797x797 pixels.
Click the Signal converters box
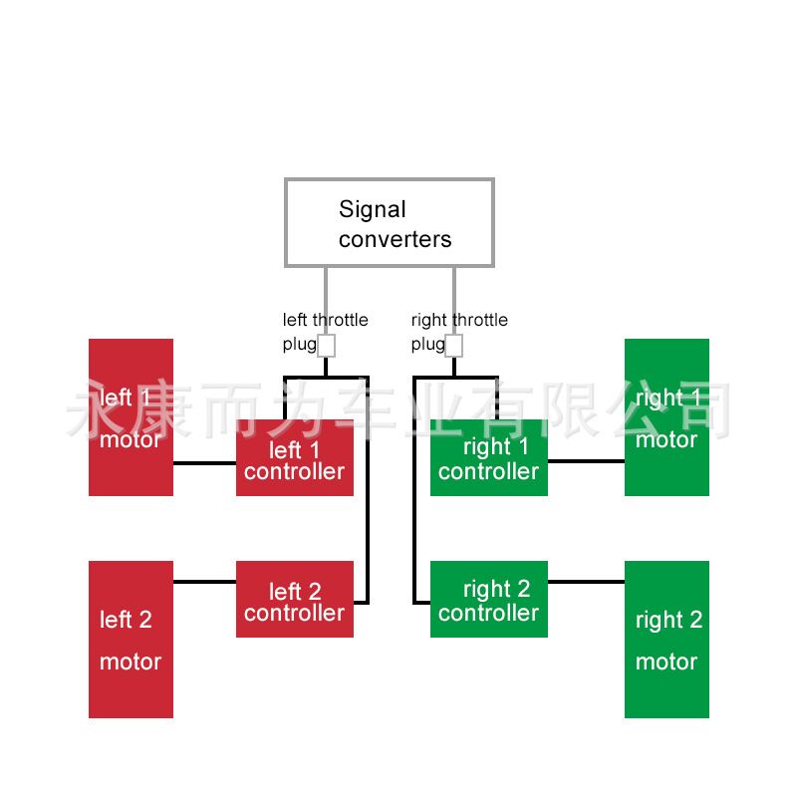(x=389, y=222)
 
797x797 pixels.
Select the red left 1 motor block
(x=131, y=417)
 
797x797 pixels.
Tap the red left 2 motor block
(x=131, y=639)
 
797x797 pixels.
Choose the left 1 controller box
(x=294, y=459)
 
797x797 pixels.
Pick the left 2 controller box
(x=294, y=600)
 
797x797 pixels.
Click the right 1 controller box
(x=488, y=459)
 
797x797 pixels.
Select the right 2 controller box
(x=488, y=600)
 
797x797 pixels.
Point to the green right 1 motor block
(x=666, y=417)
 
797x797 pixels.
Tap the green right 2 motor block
(x=666, y=639)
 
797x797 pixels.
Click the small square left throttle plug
(x=326, y=346)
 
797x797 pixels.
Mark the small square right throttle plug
(x=453, y=346)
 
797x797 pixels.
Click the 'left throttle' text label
(x=325, y=320)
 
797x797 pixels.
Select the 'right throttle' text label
(x=459, y=320)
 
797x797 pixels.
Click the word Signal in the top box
(x=373, y=209)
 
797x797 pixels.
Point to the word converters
(x=395, y=240)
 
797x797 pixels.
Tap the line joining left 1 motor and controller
(x=204, y=463)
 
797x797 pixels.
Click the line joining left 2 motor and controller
(x=204, y=581)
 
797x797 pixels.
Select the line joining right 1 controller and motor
(x=586, y=461)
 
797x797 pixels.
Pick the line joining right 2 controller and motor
(x=586, y=581)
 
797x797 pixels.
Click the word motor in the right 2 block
(x=666, y=662)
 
